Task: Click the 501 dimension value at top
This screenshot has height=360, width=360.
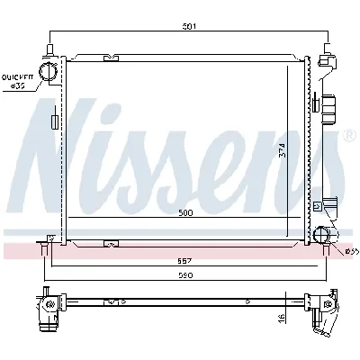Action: coord(188,26)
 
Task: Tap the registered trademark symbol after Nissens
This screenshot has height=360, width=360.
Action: coord(349,136)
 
